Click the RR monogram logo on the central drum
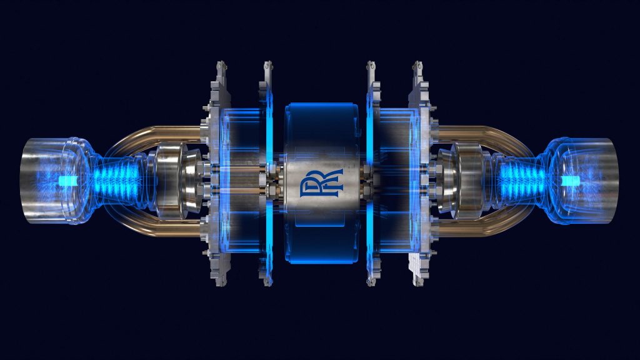[x=318, y=181]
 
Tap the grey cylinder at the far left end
[x=37, y=181]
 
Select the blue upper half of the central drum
[x=318, y=125]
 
